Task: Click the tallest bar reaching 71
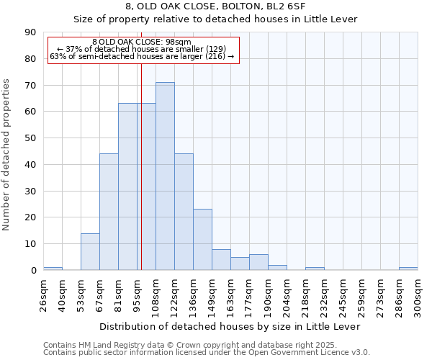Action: click(165, 176)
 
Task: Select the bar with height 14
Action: click(90, 252)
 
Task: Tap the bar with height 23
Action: click(202, 240)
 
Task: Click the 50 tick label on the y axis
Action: click(30, 138)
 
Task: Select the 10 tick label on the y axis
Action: click(30, 244)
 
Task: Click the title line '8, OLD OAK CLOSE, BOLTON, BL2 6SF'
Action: click(215, 6)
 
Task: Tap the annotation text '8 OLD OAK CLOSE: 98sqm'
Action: click(142, 42)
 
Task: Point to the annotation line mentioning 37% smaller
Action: click(142, 49)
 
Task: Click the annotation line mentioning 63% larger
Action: click(142, 56)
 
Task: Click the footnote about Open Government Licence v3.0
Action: click(206, 353)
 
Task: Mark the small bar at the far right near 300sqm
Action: click(408, 269)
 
